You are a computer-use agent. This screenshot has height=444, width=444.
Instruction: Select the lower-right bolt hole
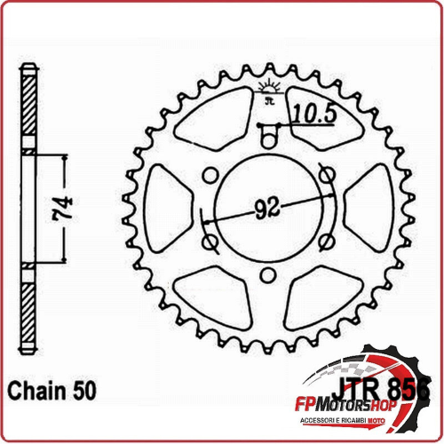click(325, 241)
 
